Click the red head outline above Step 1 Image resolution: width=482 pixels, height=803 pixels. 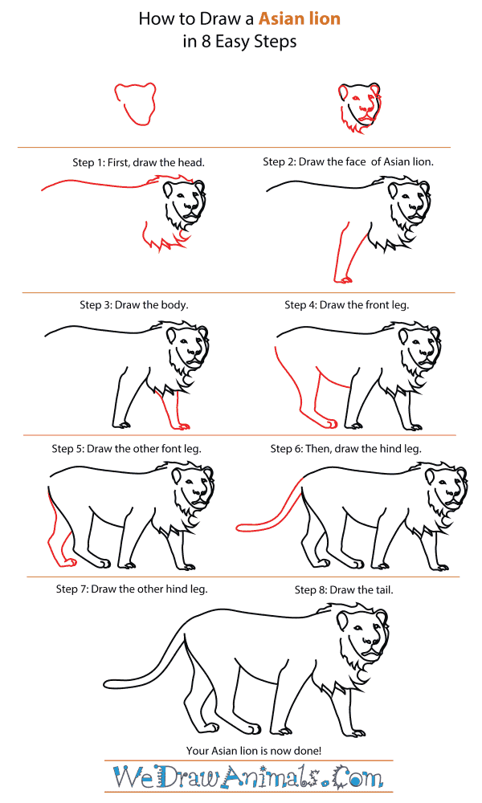134,104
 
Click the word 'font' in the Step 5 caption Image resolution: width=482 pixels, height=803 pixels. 159,448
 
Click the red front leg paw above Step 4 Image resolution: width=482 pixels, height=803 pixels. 344,279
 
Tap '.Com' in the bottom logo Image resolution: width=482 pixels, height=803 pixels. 353,778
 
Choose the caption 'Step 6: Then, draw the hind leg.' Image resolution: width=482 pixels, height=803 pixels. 345,448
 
